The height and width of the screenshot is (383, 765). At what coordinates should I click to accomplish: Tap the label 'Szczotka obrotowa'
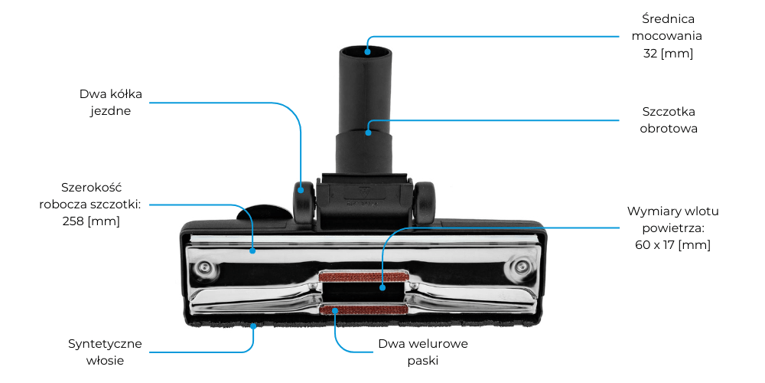tap(669, 119)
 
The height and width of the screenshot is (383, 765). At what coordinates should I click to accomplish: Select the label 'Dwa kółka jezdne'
tap(111, 103)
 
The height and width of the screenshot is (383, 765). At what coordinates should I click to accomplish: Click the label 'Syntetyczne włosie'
tap(106, 352)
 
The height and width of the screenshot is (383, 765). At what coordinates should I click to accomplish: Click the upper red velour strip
tap(363, 276)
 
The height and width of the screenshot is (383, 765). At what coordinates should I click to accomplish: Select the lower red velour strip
tap(363, 309)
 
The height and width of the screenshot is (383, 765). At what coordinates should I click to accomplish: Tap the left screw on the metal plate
tap(204, 267)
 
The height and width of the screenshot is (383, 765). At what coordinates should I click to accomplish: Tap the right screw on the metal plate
tap(522, 267)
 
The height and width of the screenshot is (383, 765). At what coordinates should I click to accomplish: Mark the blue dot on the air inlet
tap(382, 288)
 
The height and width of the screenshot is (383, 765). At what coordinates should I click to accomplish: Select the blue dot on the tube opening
tap(367, 52)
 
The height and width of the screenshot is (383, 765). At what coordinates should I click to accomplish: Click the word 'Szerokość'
tap(92, 188)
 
